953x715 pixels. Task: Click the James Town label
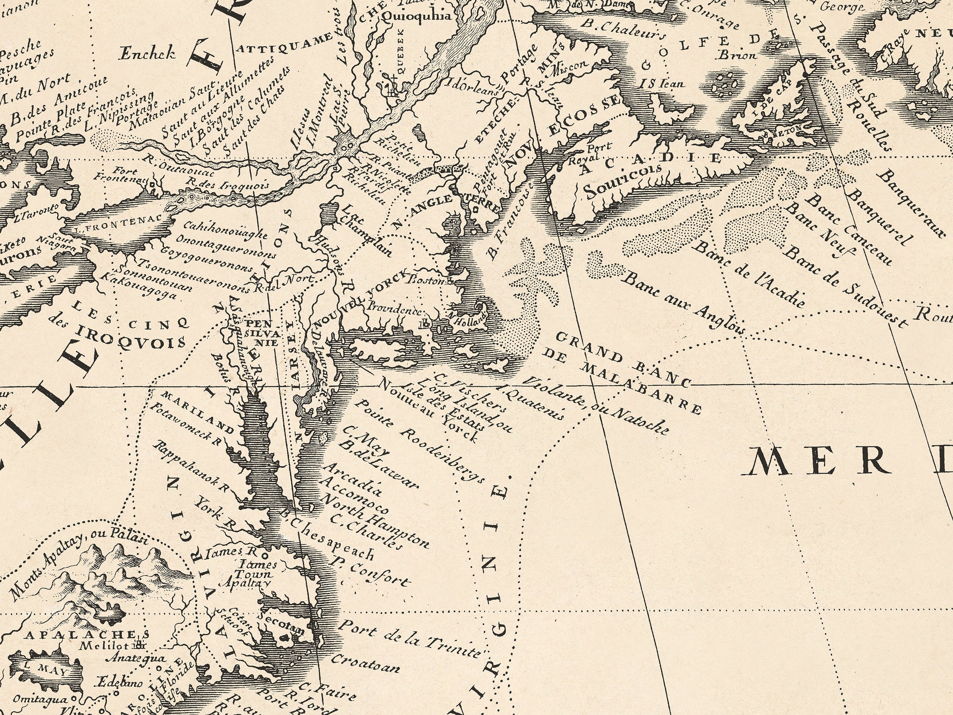(x=255, y=569)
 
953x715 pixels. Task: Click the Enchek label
(x=147, y=54)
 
